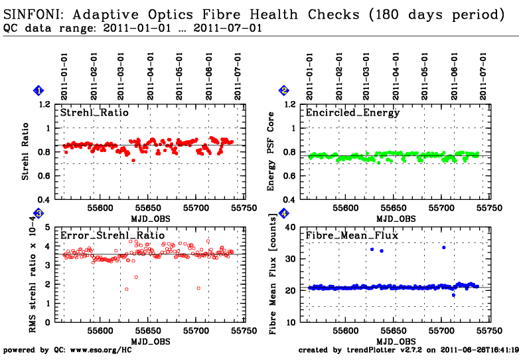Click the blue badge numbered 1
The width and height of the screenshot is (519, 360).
point(39,90)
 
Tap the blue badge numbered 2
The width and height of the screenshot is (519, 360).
point(284,90)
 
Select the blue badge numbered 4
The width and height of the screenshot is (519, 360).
point(284,213)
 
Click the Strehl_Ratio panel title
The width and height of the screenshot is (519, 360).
point(94,113)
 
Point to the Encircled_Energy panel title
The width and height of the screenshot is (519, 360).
point(352,113)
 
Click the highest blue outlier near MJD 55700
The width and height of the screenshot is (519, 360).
point(443,247)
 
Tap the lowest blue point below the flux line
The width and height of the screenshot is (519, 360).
point(453,295)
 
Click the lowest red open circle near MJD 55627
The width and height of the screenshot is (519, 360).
point(126,290)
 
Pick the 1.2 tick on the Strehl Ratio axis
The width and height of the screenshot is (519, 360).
point(44,104)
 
